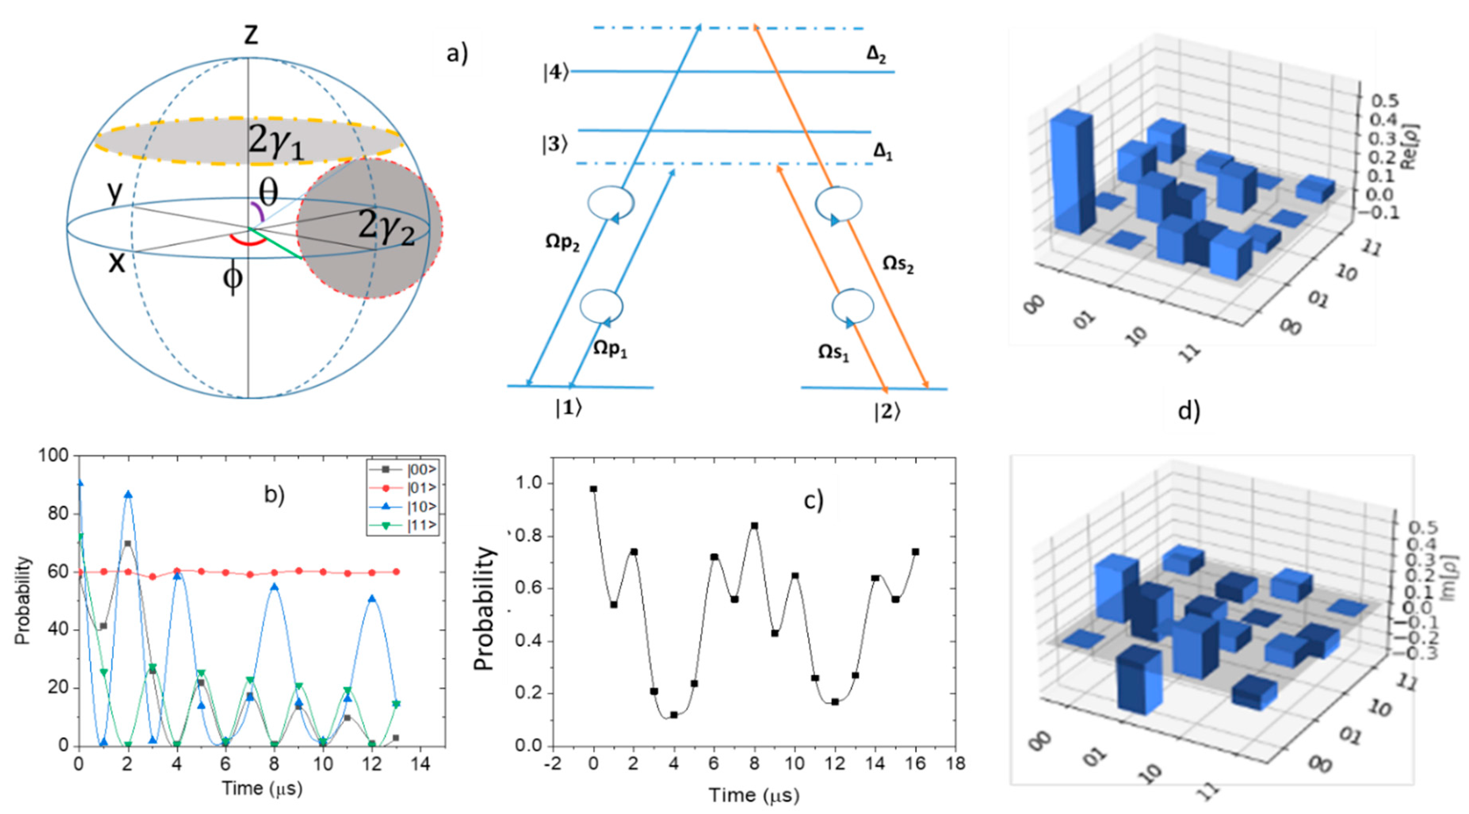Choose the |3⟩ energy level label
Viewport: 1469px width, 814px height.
[x=555, y=145]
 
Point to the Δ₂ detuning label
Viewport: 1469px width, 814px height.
[x=876, y=55]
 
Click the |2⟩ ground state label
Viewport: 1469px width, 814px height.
[x=887, y=411]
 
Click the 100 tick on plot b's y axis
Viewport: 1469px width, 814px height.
[x=52, y=455]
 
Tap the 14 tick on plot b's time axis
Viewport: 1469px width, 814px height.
[x=421, y=764]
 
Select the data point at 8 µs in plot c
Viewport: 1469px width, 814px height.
[x=755, y=525]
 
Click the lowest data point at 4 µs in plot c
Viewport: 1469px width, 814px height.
[x=674, y=715]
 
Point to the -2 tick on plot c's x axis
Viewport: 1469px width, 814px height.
[x=553, y=764]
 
